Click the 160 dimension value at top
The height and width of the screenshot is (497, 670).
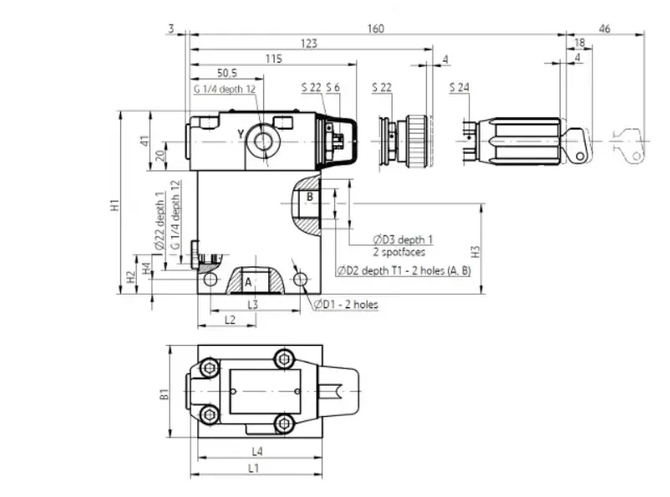pyautogui.click(x=376, y=28)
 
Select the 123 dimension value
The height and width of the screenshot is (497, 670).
pyautogui.click(x=309, y=43)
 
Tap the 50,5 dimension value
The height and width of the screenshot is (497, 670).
pyautogui.click(x=227, y=73)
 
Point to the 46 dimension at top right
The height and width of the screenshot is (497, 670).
pyautogui.click(x=604, y=28)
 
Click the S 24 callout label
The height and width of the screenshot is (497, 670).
pyautogui.click(x=459, y=88)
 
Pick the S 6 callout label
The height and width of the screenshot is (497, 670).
pyautogui.click(x=332, y=88)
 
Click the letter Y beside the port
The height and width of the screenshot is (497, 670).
pyautogui.click(x=241, y=134)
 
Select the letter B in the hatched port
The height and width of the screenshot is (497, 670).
pyautogui.click(x=310, y=197)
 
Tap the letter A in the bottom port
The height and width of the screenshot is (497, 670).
pyautogui.click(x=248, y=282)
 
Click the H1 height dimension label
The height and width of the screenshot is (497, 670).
pyautogui.click(x=114, y=205)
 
